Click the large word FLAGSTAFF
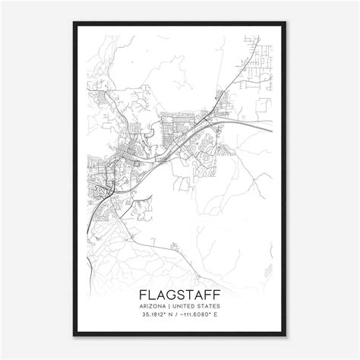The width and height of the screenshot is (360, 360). coord(180,293)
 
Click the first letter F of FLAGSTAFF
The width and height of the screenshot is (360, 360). coord(144,293)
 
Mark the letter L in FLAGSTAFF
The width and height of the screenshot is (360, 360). coord(153,293)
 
